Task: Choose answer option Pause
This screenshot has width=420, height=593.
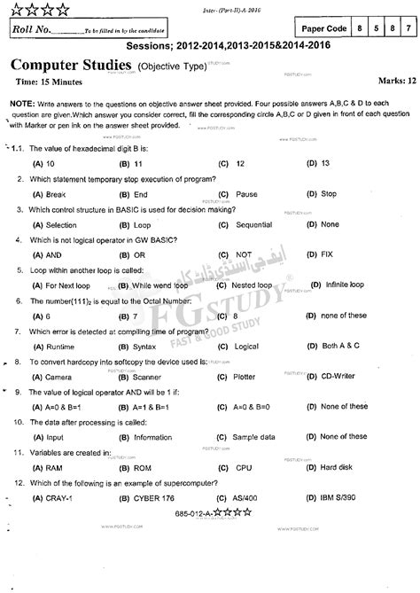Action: click(x=247, y=168)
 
